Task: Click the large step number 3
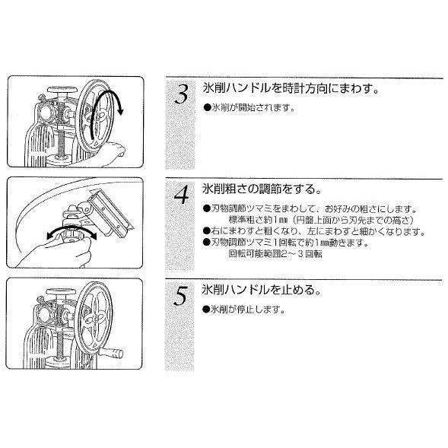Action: (182, 94)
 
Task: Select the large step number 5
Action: (181, 296)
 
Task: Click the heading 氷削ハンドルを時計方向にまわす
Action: (291, 88)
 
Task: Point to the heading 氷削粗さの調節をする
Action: (262, 189)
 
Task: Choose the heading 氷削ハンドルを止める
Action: (262, 290)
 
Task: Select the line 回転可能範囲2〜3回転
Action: (275, 254)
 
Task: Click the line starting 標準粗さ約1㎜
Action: (321, 220)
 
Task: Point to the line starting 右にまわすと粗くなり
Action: (314, 231)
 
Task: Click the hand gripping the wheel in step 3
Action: (112, 151)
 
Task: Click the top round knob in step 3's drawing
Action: (62, 90)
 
